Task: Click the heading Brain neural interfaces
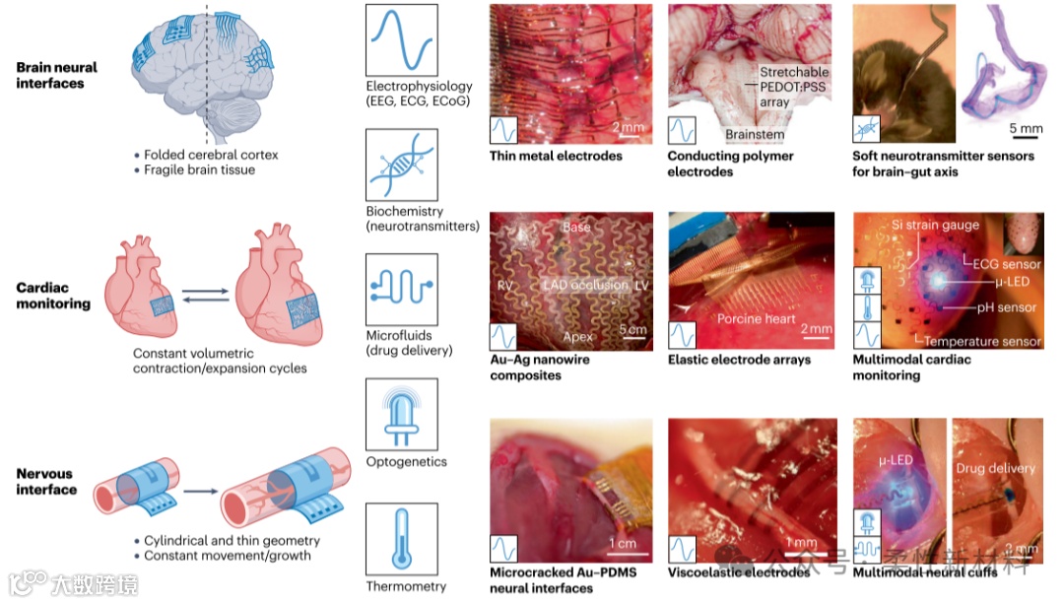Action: (57, 76)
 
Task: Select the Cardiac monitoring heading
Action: (53, 297)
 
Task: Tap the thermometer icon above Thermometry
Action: (401, 538)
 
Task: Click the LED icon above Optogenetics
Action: (401, 413)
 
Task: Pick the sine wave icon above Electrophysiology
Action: (401, 38)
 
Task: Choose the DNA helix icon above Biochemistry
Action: (401, 164)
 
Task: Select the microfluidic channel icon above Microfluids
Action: (401, 289)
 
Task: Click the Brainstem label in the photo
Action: (755, 134)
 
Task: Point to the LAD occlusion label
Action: (584, 285)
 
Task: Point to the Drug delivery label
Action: (997, 468)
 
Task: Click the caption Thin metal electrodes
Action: (556, 156)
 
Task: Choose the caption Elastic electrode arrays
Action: (739, 360)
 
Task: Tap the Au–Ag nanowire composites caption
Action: (539, 368)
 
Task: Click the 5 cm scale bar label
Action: (632, 329)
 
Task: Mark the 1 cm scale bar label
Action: (622, 543)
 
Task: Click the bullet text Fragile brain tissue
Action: (199, 169)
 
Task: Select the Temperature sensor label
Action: (982, 341)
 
